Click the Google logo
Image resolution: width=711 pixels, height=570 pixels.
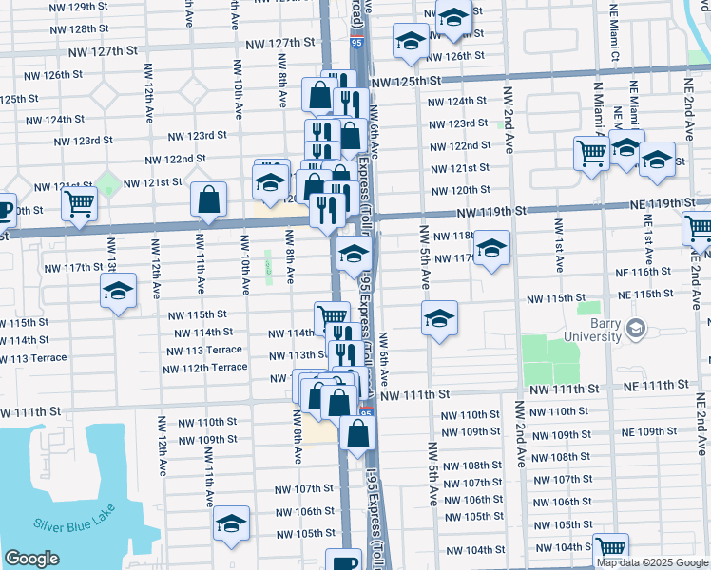[x=31, y=559]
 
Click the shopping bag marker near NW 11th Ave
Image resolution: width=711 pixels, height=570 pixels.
[x=208, y=199]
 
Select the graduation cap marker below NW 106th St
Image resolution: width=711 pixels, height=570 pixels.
[x=231, y=524]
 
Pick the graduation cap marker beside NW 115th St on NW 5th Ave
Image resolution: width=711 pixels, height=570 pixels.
[x=440, y=318]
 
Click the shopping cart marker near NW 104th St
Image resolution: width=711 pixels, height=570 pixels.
[x=610, y=549]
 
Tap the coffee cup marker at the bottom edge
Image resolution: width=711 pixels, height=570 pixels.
[x=343, y=561]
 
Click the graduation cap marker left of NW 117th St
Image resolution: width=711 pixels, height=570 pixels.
[x=119, y=290]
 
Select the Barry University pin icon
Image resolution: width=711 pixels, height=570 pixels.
[x=636, y=330]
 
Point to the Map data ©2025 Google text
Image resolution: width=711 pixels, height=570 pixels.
[x=652, y=562]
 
